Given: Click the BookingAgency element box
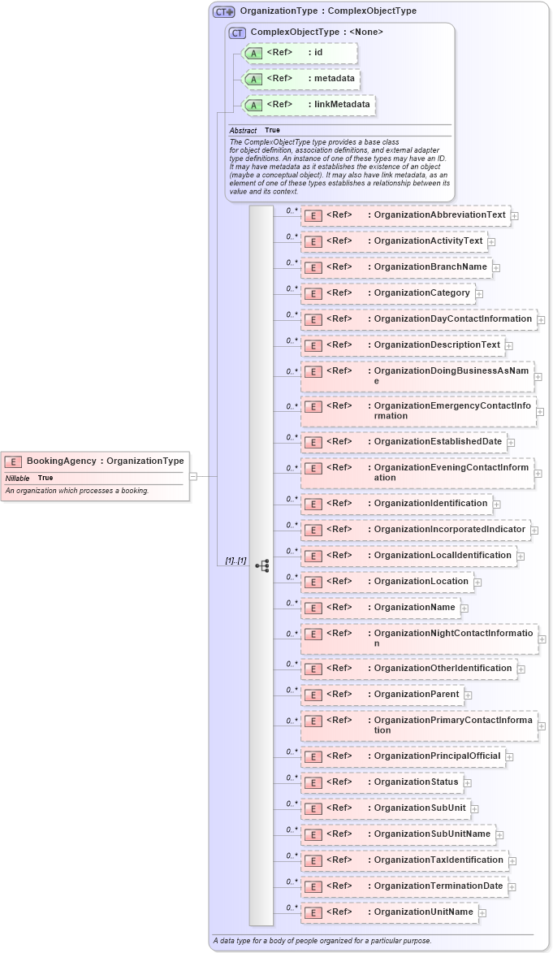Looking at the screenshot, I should (96, 461).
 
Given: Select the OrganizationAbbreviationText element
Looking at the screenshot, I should (405, 215).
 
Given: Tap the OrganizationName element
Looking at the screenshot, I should (380, 607).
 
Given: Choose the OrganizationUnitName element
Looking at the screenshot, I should (389, 912).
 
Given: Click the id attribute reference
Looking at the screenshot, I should (300, 53).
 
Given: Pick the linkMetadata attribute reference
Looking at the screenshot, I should (309, 105).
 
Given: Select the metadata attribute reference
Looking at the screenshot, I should (301, 79).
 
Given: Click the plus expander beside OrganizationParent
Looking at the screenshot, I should (469, 695).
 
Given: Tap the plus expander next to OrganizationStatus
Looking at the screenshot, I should (468, 782).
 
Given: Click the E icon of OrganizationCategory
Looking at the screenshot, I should (313, 293).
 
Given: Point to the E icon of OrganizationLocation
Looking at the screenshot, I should (313, 582).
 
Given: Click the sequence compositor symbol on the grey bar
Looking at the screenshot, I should (261, 565).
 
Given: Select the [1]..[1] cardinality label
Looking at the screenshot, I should (235, 561).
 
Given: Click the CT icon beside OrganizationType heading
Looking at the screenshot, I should (223, 11).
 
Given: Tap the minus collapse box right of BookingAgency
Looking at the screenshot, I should (193, 476).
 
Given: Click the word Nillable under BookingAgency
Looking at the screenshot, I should (18, 478).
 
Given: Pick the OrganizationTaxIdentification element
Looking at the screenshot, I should (404, 860).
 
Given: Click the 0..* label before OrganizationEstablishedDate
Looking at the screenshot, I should (292, 437).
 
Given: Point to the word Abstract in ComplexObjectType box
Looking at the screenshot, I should (243, 130).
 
